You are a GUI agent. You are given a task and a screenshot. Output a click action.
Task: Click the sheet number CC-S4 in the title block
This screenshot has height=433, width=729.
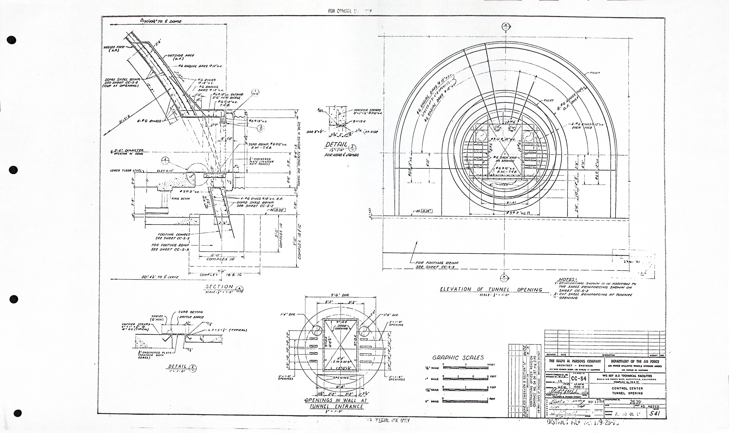click(x=579, y=378)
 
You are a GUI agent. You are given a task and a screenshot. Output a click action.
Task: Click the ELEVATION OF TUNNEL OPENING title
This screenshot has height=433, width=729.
click(x=491, y=289)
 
